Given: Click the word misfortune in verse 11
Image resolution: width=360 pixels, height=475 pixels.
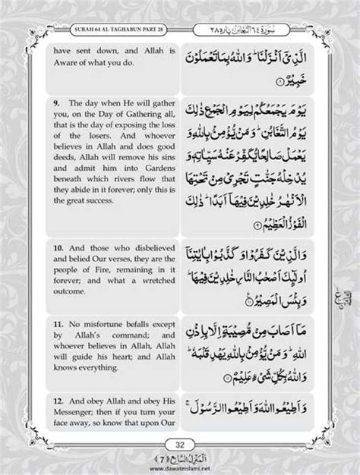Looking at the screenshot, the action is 98,332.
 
